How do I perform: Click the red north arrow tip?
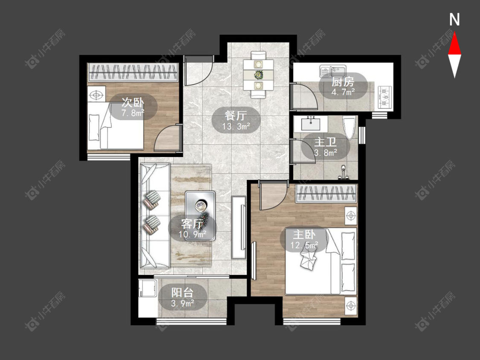[454, 33]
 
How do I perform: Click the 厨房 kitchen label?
[343, 82]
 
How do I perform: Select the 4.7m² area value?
[343, 92]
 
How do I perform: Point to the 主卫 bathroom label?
[326, 142]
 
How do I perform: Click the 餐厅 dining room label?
[236, 116]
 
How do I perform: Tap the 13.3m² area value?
[236, 126]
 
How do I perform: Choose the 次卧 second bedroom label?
[133, 102]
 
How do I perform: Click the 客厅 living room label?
[192, 224]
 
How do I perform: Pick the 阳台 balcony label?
[183, 292]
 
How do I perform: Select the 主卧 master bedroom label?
[304, 235]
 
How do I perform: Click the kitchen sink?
[332, 72]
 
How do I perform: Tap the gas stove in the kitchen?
[385, 97]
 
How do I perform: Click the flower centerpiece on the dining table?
[259, 74]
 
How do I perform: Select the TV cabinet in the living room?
[239, 227]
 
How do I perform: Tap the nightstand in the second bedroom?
[96, 94]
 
